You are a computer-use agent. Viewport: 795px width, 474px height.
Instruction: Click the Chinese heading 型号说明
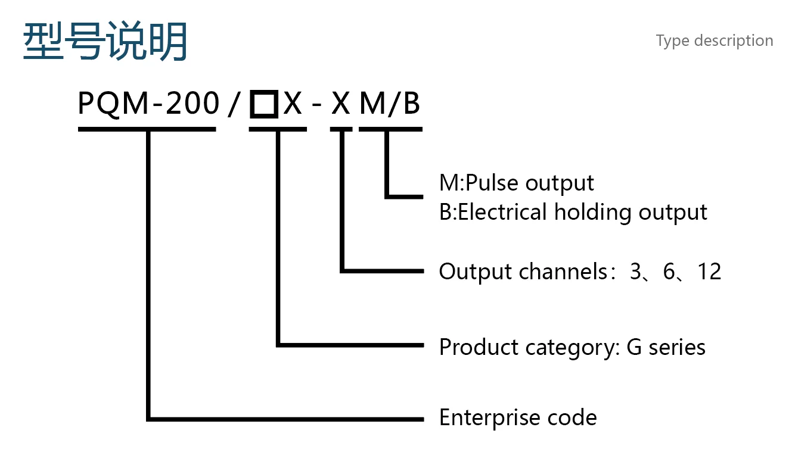coord(105,40)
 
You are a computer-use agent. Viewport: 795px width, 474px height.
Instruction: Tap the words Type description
coord(715,41)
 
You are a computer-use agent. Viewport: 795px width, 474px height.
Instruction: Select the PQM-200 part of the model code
coord(148,104)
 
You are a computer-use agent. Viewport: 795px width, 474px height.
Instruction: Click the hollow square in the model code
coord(263,104)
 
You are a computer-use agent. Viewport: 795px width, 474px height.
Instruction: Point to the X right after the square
coord(293,104)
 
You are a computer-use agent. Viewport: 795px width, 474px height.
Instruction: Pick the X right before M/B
coord(341,104)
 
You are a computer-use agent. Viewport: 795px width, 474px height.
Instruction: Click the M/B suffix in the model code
coord(390,104)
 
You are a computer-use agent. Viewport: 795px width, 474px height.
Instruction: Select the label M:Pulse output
coord(517,183)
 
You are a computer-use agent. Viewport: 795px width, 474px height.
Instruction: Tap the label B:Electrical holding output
coord(573,213)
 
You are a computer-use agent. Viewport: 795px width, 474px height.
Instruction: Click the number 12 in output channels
coord(709,272)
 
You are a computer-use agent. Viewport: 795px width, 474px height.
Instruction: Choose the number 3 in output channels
coord(635,272)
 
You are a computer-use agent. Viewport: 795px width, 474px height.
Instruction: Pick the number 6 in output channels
coord(669,272)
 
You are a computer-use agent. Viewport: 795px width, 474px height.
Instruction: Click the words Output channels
coord(523,272)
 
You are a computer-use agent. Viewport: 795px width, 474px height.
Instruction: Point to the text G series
coord(666,347)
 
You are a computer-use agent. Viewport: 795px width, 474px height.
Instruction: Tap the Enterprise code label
coord(518,417)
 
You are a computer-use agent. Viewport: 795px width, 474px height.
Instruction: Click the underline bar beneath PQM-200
coord(147,129)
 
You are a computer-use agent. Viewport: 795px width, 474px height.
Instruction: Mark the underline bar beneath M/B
coord(390,129)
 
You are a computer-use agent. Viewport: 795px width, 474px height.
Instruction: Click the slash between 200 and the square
coord(234,104)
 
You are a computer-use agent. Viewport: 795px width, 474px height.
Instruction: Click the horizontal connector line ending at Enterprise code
coord(285,419)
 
